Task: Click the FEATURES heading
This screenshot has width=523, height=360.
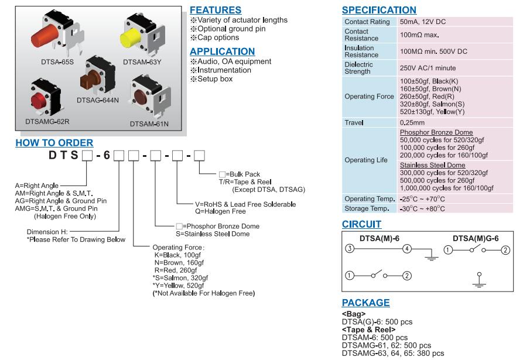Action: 216,10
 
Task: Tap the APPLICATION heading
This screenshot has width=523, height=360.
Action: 222,52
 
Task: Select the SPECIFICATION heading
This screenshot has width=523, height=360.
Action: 379,10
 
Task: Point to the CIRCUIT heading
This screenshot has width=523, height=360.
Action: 361,224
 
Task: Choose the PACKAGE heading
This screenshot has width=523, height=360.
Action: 365,303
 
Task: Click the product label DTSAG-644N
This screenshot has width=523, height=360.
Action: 98,101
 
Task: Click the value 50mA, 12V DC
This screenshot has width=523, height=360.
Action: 423,22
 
